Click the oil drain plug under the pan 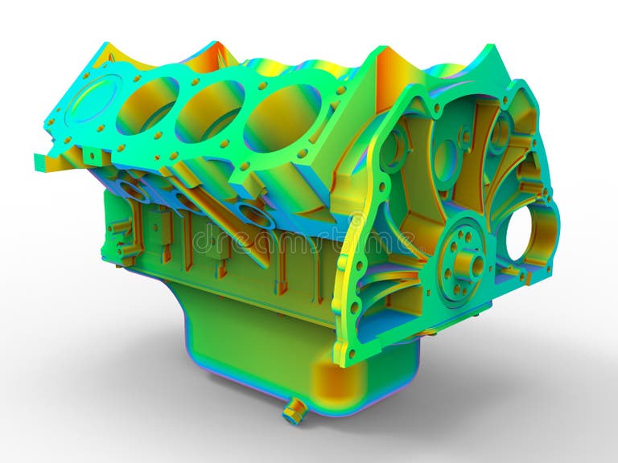(293, 412)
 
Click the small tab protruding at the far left (42, 162)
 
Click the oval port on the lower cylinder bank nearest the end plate (256, 215)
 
